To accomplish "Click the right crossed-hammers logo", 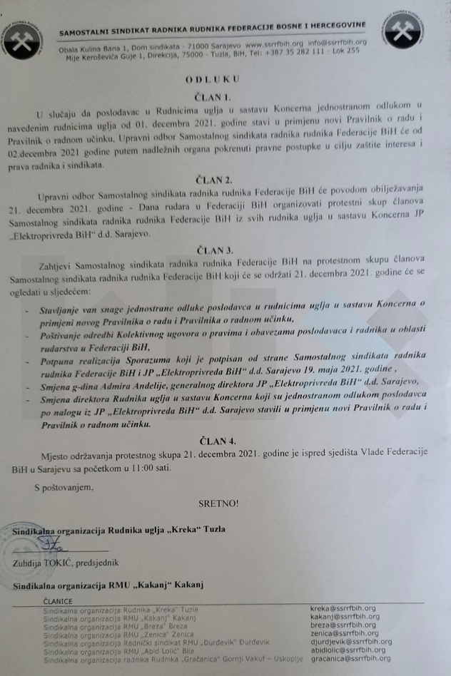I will point(402,29).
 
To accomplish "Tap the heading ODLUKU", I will point(212,80).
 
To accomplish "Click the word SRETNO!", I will point(218,503).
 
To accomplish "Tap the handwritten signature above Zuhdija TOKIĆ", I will point(52,545).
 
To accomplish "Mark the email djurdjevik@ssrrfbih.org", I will point(351,641).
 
